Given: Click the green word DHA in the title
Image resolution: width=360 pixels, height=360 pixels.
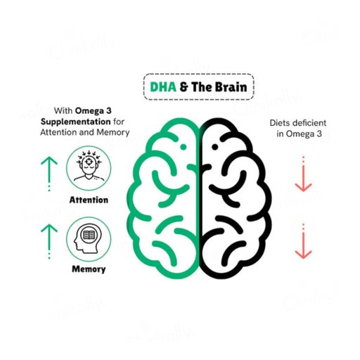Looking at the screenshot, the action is (x=163, y=86).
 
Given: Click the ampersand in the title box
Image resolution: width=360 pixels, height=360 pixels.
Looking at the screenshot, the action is (x=184, y=86).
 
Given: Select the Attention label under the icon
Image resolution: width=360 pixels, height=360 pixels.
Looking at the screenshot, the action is (x=89, y=200).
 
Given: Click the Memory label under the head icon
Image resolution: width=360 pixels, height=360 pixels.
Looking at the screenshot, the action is (x=89, y=269).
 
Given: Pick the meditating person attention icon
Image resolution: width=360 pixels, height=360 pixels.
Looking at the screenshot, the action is (x=89, y=168).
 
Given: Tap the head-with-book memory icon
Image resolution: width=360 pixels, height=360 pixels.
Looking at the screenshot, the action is (x=89, y=238).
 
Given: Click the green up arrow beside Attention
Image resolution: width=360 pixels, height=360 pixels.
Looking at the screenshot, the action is (x=49, y=174).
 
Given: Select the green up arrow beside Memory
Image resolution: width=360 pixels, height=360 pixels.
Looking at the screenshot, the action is (x=49, y=241).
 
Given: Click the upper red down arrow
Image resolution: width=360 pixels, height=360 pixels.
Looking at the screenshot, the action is (x=303, y=174).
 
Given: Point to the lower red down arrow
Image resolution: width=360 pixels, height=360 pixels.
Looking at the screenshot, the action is (x=303, y=241).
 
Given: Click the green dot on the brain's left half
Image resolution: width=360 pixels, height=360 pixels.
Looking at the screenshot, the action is (x=184, y=147).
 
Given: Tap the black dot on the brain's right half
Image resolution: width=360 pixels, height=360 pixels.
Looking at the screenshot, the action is (x=214, y=147).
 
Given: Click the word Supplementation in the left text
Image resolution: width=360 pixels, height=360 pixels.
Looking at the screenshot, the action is (x=76, y=122).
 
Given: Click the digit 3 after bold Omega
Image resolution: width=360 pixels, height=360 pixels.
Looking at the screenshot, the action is (x=109, y=110).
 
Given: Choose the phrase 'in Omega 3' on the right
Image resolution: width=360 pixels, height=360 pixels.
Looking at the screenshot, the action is (x=299, y=134).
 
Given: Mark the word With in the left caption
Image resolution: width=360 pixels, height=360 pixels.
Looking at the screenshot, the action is (x=63, y=110).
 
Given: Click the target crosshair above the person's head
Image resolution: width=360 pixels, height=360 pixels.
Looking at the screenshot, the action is (x=89, y=161).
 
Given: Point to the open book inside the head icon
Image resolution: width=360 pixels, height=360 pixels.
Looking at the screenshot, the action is (x=89, y=234).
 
